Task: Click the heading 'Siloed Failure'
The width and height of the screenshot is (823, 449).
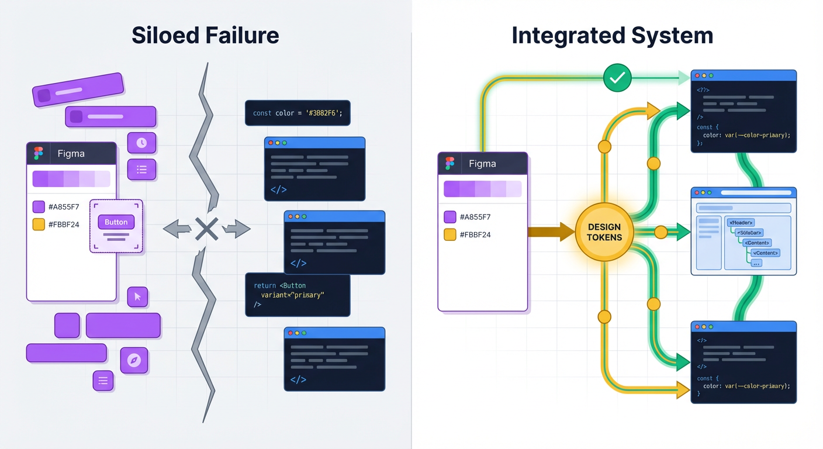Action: point(205,36)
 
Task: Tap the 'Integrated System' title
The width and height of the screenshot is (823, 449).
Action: point(612,36)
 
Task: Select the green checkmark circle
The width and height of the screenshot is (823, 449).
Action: point(617,77)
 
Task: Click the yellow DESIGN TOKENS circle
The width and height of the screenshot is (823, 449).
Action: point(604,232)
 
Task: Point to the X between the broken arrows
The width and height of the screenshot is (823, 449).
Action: point(206,229)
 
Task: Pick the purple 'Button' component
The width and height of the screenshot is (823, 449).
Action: point(116,222)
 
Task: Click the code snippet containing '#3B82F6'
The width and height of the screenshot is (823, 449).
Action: point(298,113)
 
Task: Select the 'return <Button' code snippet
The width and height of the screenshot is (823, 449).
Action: point(298,295)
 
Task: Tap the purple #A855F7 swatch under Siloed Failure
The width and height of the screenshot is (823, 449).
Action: point(39,206)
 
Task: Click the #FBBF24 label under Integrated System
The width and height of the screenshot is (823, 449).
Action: point(475,234)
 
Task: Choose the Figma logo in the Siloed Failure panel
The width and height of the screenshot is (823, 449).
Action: point(39,153)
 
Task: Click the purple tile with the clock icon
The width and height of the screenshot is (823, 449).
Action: point(141,143)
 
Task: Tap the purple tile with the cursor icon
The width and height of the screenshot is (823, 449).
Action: point(137,297)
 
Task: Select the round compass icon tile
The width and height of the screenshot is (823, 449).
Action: point(134,360)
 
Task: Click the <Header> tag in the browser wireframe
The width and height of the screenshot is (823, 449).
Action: point(741,222)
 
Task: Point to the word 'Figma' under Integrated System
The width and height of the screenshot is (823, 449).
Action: point(482,164)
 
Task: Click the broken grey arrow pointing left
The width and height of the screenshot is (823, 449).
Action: point(177,229)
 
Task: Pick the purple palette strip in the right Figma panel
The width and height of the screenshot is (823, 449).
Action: point(482,189)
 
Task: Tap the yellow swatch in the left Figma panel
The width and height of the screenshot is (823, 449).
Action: point(39,224)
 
